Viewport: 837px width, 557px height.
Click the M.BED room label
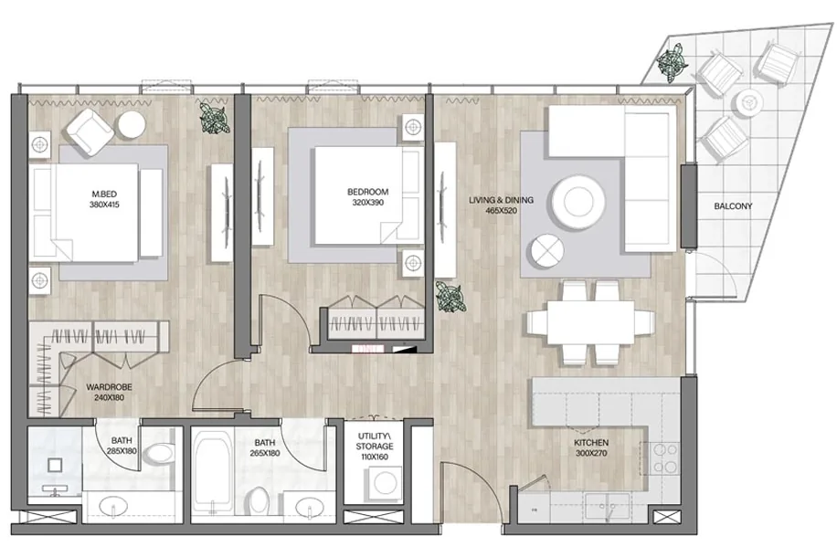104,194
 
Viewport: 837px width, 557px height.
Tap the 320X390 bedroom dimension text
368,203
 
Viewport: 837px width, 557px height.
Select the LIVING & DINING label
501,200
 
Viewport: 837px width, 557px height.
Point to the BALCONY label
733,206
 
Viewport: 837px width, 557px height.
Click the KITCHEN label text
591,443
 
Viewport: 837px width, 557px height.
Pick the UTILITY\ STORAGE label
375,441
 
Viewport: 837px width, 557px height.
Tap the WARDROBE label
109,387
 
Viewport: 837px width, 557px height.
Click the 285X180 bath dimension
122,451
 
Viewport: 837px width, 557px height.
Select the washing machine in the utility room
384,483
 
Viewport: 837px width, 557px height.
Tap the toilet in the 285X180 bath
159,454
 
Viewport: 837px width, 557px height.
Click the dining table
591,323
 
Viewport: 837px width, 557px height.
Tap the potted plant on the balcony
672,61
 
